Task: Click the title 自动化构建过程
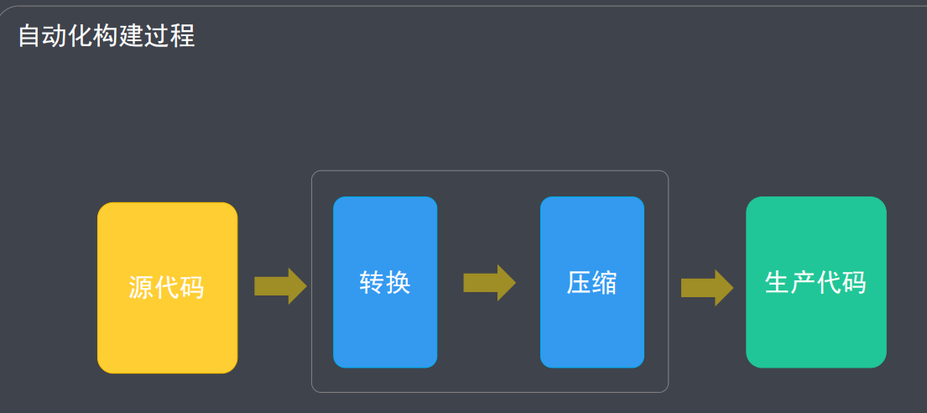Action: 107,36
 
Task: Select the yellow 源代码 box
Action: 167,288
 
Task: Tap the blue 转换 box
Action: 385,282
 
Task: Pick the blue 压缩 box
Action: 591,282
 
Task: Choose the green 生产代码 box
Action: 816,282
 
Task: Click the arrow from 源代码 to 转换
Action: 281,286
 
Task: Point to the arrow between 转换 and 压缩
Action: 490,283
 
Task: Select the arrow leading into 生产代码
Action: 707,288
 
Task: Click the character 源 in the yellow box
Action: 141,288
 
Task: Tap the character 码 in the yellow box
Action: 191,288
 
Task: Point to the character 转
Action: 372,283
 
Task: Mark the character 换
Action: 398,283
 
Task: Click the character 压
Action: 579,283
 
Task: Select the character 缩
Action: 604,283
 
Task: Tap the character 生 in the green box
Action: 778,282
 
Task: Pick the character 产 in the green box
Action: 803,282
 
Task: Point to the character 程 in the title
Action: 183,36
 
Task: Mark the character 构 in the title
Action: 107,36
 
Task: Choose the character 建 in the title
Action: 132,36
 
